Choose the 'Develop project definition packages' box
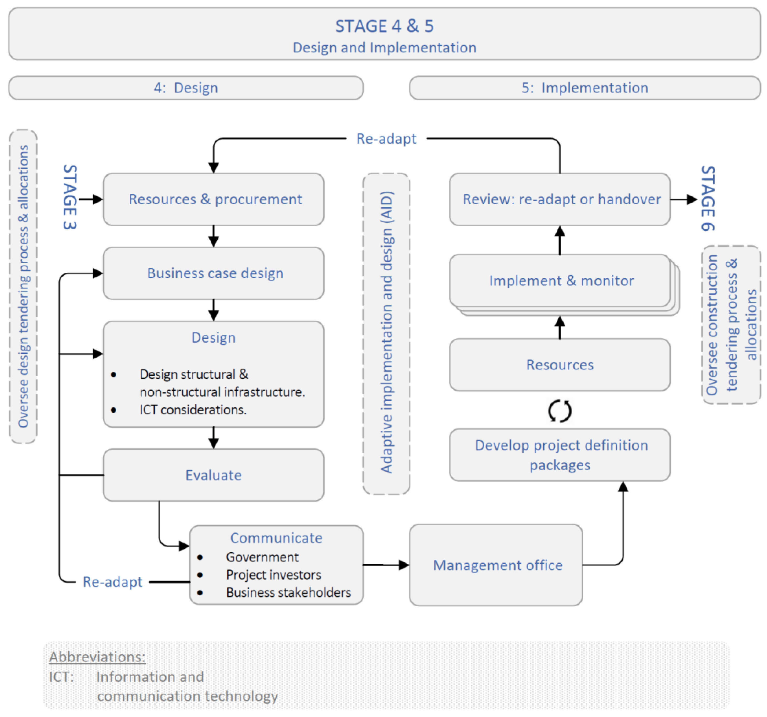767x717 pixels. tap(560, 455)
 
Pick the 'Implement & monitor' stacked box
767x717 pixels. tap(560, 281)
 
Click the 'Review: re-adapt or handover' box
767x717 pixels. tap(560, 199)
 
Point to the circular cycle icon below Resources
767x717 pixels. tap(560, 411)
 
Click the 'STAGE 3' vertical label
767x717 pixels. tap(70, 197)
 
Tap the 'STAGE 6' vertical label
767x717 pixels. tap(708, 198)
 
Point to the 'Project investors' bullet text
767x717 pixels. tap(273, 575)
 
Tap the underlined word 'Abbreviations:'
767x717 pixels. tap(97, 657)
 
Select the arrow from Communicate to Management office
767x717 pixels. tap(386, 565)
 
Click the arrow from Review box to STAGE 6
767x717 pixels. tap(683, 200)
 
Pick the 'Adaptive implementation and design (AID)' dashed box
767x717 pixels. tap(386, 334)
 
